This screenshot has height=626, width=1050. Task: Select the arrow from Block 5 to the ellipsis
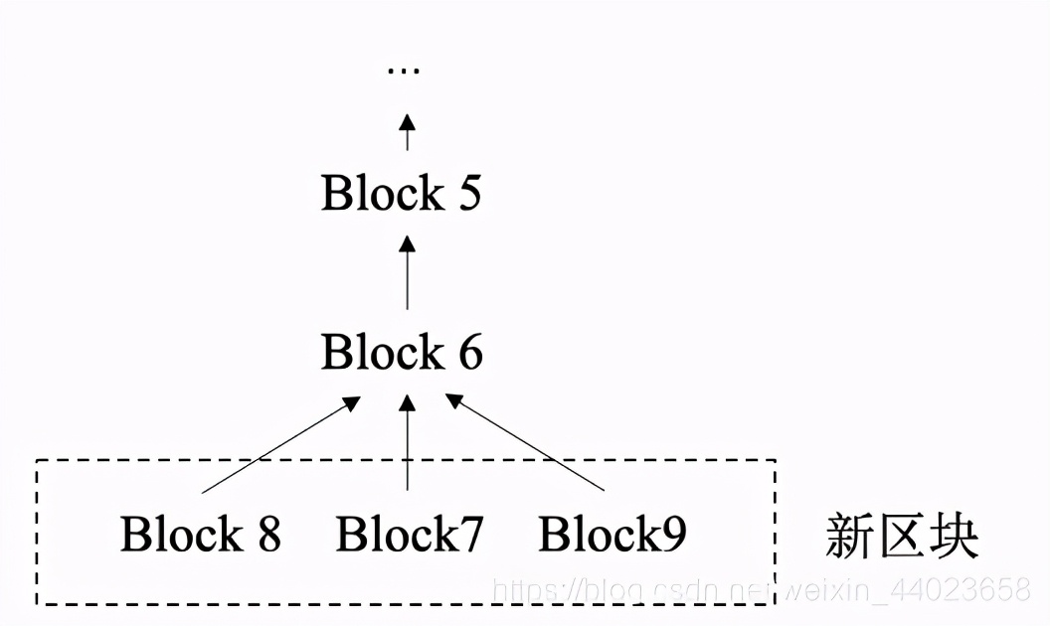(407, 132)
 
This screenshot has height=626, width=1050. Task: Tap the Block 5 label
(401, 193)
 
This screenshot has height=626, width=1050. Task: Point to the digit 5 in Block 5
(468, 194)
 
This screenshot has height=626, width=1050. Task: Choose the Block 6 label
(402, 353)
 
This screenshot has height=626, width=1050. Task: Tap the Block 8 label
(201, 534)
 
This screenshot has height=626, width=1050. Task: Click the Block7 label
(410, 534)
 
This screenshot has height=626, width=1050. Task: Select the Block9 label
(612, 534)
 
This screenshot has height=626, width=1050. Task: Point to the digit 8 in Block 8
(267, 535)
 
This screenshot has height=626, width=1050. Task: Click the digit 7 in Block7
(470, 535)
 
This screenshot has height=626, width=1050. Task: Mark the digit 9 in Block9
(673, 535)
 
